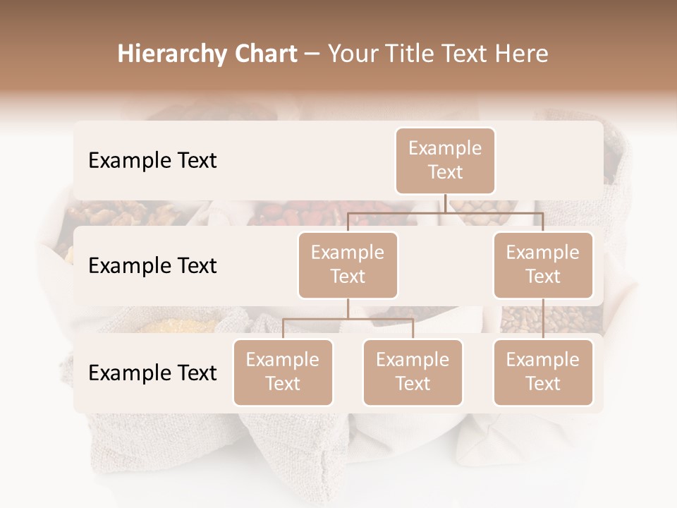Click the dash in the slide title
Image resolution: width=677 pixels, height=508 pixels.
tap(312, 54)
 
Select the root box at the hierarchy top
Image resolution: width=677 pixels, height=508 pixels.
tap(445, 160)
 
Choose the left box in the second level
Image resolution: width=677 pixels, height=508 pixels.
tap(348, 265)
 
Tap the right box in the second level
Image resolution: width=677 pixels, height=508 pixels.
tap(543, 265)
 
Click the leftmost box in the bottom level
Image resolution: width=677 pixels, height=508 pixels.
tap(283, 372)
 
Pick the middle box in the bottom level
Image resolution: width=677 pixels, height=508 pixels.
tap(413, 372)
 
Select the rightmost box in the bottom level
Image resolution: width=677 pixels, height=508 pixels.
tap(543, 372)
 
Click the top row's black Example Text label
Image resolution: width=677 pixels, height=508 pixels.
tap(152, 161)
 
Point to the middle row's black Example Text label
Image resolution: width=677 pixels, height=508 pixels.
tap(152, 266)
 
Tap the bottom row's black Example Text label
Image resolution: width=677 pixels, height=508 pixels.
tap(152, 373)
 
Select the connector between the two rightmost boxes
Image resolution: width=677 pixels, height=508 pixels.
tap(543, 318)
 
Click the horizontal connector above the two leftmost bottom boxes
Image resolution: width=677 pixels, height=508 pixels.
tap(348, 320)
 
